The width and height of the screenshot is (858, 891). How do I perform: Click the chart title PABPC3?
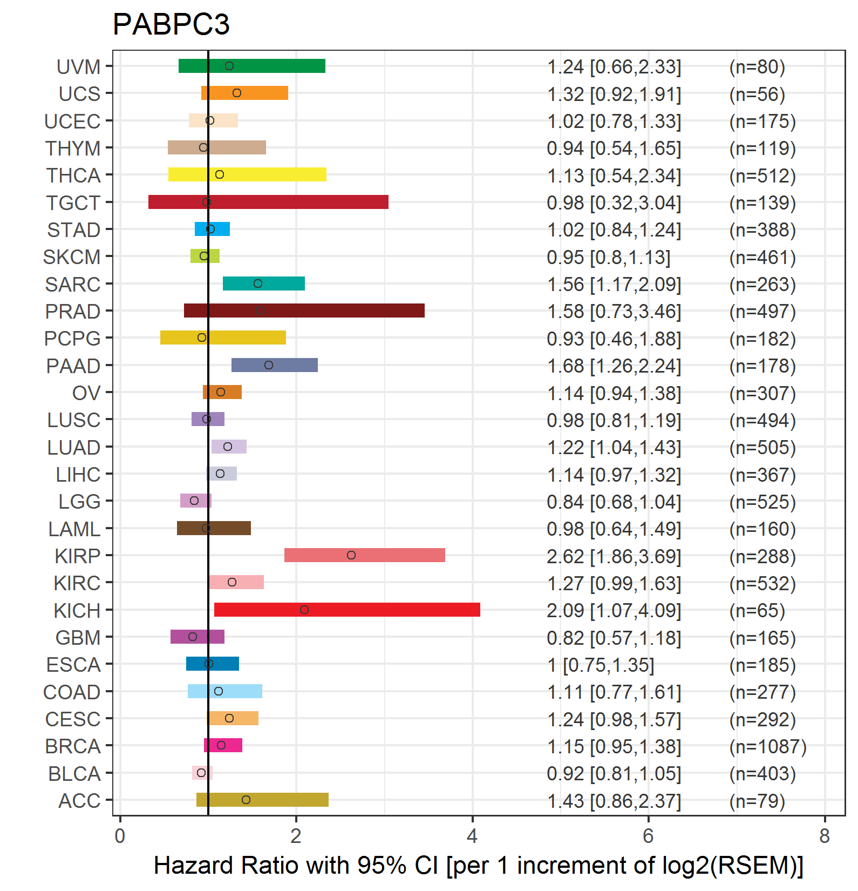[171, 25]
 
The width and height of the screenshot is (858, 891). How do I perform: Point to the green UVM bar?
[270, 66]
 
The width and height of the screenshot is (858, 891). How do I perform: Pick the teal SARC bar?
[281, 283]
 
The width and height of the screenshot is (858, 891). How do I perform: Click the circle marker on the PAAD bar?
[269, 365]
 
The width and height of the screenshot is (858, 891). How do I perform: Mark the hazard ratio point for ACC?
[246, 800]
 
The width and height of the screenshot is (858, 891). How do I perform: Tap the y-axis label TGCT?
[73, 203]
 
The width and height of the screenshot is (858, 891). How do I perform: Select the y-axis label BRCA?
[73, 746]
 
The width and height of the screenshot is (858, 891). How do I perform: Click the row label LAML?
[74, 529]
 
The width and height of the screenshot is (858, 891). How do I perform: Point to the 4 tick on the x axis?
[472, 836]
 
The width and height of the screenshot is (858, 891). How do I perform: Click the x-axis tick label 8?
[824, 836]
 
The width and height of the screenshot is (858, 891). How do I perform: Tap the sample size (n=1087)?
[767, 747]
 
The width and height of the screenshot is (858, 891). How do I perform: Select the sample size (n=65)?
[757, 611]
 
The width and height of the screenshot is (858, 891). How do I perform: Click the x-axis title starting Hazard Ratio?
[478, 866]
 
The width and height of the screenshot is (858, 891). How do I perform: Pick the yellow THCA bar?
[270, 174]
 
